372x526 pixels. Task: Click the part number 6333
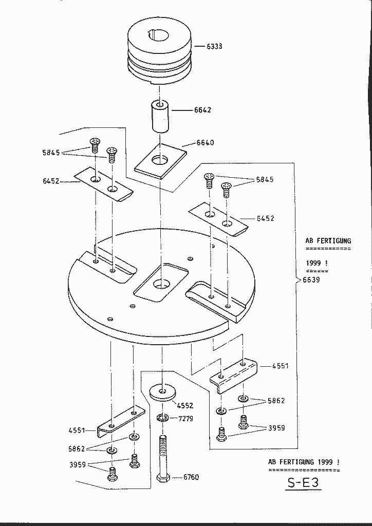tap(214, 46)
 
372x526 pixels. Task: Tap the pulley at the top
tap(160, 51)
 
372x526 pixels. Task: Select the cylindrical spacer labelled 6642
tap(161, 117)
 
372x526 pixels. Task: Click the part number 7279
tap(186, 419)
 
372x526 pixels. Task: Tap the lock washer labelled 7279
tap(163, 417)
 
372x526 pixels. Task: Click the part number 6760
tap(191, 477)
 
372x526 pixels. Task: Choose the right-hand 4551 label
tap(281, 366)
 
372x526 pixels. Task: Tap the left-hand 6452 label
tap(51, 181)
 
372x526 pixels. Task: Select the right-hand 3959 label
tap(276, 428)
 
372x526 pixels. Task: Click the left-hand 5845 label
tap(51, 152)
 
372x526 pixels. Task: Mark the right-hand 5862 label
tap(276, 401)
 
